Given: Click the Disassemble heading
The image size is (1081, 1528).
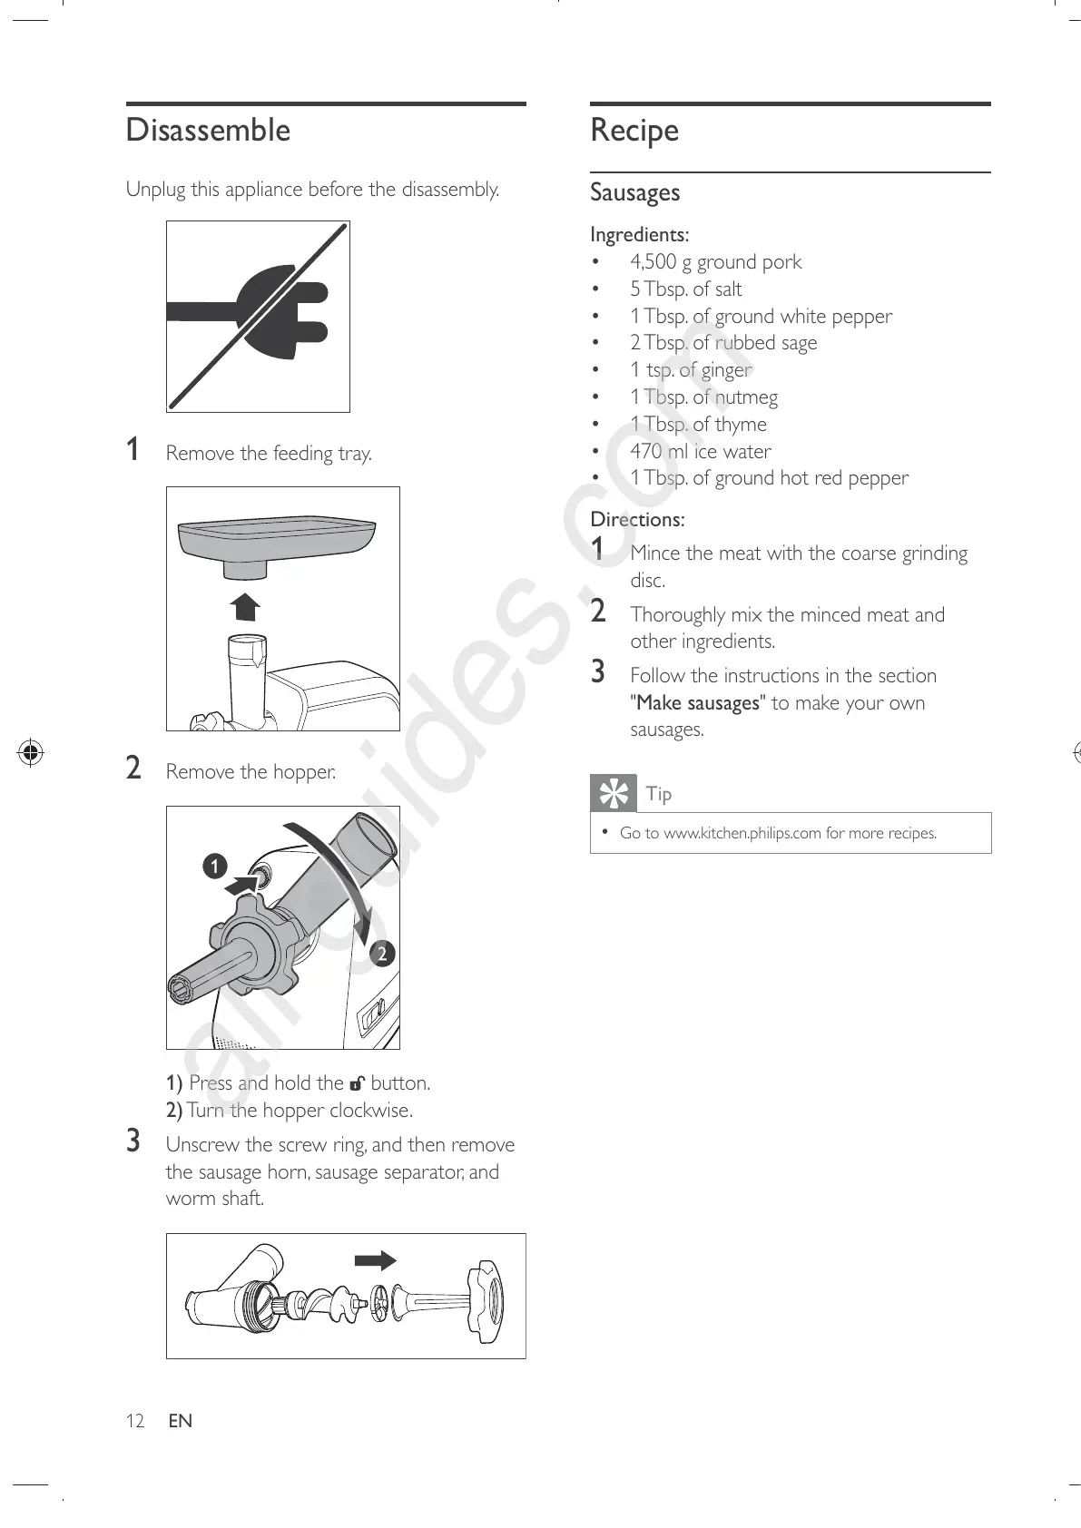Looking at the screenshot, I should point(208,131).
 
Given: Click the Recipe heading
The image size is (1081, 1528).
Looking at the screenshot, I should point(634,131).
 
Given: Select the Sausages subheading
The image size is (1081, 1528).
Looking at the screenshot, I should point(634,192).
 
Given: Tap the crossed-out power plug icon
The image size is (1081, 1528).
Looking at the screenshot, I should point(259,316).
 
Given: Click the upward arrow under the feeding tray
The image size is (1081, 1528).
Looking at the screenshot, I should point(245,605).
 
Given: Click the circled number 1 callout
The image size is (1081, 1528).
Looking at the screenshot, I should point(214,867).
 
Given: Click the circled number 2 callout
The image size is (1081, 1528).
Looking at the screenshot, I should point(382,953).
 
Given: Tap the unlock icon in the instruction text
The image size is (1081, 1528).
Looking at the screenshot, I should point(358,1083).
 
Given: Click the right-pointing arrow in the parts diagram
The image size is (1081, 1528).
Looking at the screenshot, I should point(375,1260).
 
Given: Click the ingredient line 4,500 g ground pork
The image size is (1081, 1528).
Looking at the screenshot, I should point(715,262).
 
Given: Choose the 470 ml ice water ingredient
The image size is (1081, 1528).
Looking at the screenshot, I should point(700,451).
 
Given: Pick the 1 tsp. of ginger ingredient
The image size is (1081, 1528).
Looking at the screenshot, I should point(691,370).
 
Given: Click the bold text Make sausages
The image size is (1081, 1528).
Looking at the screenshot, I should point(698,703).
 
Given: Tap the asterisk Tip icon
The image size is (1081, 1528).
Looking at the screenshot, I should point(614,793).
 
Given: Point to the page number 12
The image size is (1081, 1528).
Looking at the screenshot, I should point(135,1421).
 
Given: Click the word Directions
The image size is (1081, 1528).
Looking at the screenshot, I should point(637,520).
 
